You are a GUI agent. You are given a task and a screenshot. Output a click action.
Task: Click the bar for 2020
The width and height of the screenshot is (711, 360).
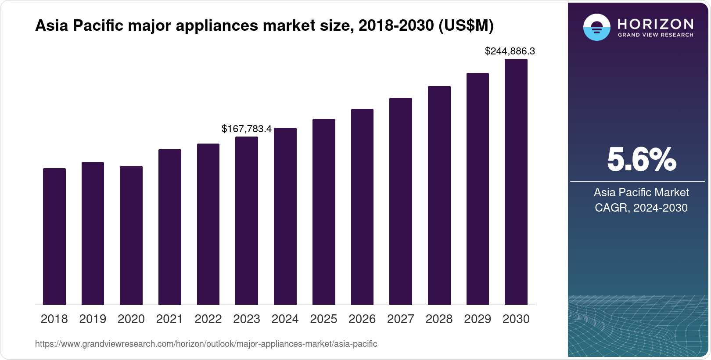click(x=131, y=235)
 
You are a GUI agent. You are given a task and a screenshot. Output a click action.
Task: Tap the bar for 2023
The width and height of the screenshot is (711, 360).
click(x=247, y=220)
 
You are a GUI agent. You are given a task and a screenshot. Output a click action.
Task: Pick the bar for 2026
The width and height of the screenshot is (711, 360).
click(x=362, y=207)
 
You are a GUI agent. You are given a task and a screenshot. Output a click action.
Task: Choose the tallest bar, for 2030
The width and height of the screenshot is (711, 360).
click(x=516, y=182)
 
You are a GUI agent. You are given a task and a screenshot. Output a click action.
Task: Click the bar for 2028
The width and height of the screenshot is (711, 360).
click(x=439, y=195)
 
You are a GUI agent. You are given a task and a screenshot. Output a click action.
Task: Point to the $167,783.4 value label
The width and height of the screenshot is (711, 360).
click(x=247, y=129)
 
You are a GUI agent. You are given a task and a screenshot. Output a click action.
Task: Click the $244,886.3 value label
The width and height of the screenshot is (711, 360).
click(x=510, y=51)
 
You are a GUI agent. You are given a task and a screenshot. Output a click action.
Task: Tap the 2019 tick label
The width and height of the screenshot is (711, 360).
click(x=93, y=319)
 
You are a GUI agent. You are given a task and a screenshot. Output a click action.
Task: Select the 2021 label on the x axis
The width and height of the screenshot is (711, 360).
click(x=169, y=319)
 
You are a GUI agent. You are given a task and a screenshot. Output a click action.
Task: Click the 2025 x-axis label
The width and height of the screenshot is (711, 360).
click(x=323, y=319)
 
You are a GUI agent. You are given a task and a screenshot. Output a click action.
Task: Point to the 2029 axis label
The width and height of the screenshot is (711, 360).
click(x=478, y=319)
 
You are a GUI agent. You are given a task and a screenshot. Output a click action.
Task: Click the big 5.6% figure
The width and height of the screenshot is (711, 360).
click(x=641, y=159)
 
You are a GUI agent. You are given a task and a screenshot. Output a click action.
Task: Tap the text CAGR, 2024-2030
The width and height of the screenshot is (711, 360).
click(x=641, y=208)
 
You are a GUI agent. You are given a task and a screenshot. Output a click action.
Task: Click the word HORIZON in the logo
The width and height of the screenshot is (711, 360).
click(x=656, y=24)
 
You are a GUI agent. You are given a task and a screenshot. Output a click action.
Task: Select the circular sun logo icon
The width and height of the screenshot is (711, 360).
click(x=596, y=27)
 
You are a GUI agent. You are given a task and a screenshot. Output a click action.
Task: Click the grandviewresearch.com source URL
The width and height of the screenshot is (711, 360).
click(x=206, y=344)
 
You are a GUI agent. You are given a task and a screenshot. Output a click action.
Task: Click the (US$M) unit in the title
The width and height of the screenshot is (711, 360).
click(x=466, y=26)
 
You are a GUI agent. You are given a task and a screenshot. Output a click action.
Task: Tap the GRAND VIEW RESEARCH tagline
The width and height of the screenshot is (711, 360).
click(x=656, y=35)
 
